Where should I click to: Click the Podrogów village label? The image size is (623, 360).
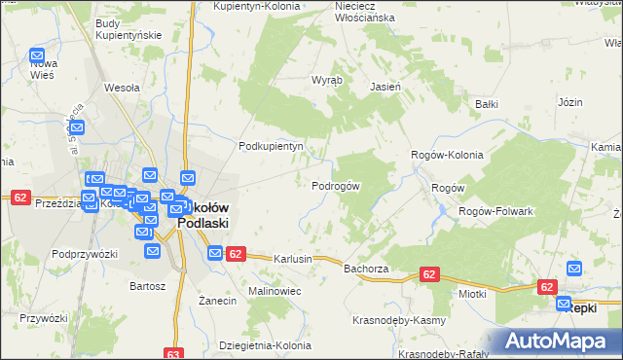tap(336, 186)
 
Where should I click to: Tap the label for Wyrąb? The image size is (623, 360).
tap(325, 81)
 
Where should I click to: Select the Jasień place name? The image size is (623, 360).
tap(385, 86)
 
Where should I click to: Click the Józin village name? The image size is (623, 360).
tap(569, 101)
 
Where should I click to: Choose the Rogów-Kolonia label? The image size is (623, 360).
tap(447, 154)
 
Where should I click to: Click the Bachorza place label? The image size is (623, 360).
tap(366, 268)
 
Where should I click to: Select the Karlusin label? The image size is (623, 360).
tap(293, 260)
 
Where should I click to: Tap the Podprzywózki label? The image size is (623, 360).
tap(85, 254)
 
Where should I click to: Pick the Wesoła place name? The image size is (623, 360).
tap(122, 87)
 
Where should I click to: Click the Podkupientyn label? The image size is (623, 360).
tap(272, 146)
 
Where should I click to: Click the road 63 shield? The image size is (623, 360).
tap(174, 354)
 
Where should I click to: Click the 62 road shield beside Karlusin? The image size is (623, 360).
tap(235, 255)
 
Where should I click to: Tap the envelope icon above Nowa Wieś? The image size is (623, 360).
tap(38, 57)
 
